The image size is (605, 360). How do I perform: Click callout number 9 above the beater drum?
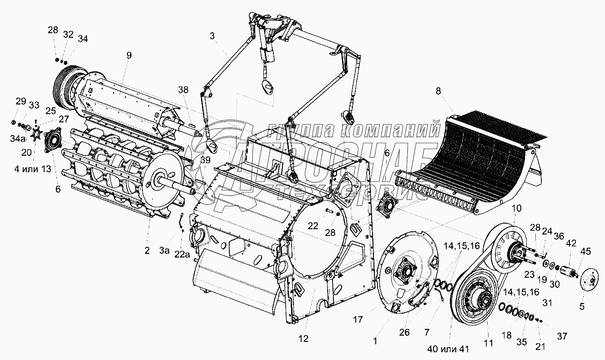point(129,56)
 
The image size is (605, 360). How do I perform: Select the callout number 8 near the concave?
point(439,90)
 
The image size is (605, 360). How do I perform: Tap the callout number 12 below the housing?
point(303,339)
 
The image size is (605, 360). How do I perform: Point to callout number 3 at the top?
point(212,36)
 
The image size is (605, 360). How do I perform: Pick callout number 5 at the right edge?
point(582,306)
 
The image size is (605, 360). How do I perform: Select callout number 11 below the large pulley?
point(489,344)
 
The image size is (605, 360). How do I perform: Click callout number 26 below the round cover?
point(405,332)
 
